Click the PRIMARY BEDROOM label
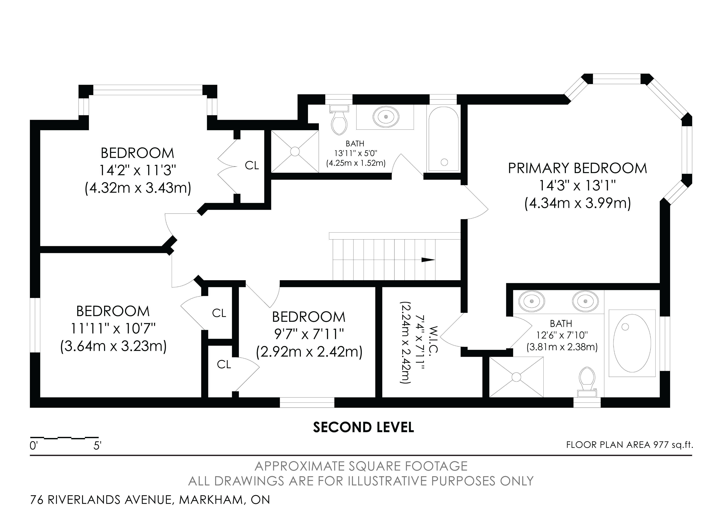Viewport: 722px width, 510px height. pos(577,168)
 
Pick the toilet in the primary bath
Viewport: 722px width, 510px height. pos(587,382)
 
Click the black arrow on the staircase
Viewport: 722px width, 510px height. pos(428,260)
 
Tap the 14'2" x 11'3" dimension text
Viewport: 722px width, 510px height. pos(137,171)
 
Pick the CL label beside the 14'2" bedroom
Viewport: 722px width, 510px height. pos(252,165)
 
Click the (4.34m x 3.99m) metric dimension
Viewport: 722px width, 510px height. pos(578,203)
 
